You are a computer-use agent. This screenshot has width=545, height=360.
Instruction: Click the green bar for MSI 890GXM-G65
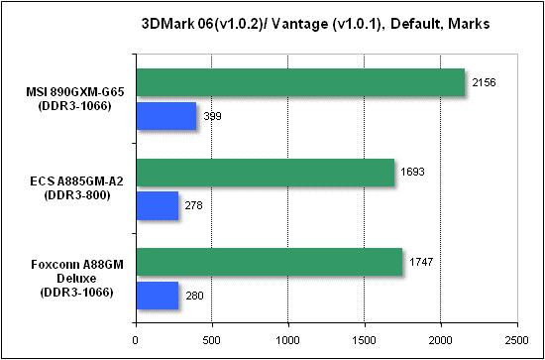[300, 82]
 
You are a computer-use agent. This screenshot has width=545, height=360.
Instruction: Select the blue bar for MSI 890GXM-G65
[166, 116]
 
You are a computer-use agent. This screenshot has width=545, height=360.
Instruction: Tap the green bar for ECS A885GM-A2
[266, 173]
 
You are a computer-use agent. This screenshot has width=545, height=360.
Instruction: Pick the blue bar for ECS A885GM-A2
[158, 205]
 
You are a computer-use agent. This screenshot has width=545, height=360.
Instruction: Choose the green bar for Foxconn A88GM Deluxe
[269, 262]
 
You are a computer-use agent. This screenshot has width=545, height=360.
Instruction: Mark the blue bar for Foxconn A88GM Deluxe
[158, 296]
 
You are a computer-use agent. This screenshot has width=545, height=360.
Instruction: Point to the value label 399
[212, 116]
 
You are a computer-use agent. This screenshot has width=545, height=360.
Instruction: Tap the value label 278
[193, 205]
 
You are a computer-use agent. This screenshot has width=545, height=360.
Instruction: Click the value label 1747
[420, 262]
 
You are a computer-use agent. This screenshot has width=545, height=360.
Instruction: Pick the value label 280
[194, 296]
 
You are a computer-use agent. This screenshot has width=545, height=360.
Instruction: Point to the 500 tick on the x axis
[212, 340]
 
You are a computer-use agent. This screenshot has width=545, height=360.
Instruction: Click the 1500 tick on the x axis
[365, 340]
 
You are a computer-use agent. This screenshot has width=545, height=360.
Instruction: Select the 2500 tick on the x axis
[517, 340]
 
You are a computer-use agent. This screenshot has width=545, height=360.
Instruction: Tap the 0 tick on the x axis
[135, 340]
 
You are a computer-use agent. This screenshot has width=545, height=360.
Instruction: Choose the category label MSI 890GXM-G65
[76, 93]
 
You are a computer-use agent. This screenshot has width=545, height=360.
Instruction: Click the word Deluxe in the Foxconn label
[77, 279]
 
